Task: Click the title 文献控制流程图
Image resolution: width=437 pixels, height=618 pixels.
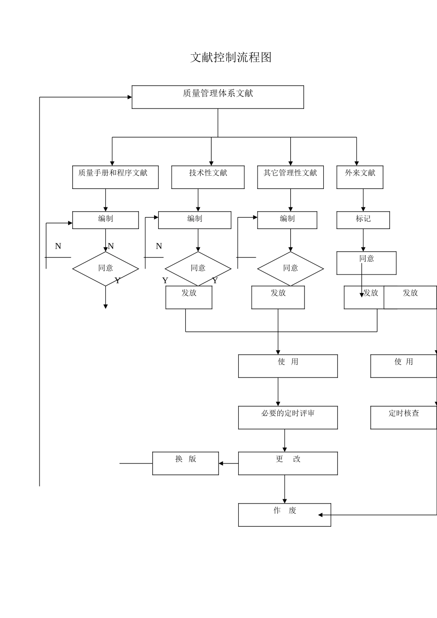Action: click(x=231, y=57)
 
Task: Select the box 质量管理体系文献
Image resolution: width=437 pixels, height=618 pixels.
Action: click(x=218, y=97)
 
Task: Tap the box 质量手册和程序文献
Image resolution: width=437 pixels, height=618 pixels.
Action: click(x=115, y=177)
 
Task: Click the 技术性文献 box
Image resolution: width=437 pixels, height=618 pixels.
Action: click(x=208, y=177)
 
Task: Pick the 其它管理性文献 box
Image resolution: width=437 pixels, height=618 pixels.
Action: click(x=290, y=177)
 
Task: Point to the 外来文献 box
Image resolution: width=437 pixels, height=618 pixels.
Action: click(x=360, y=177)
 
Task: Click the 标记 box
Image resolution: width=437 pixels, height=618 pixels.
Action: click(x=363, y=220)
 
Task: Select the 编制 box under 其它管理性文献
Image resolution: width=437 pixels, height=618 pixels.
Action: click(x=287, y=220)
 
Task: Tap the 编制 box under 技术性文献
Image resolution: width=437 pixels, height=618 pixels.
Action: click(x=195, y=220)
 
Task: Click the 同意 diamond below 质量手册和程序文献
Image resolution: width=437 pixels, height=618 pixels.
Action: click(x=105, y=269)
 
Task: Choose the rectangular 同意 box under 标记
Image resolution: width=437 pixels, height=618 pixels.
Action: click(x=366, y=263)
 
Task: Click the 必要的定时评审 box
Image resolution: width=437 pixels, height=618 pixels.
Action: click(x=288, y=418)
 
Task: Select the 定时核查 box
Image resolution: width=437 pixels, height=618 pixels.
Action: click(x=403, y=418)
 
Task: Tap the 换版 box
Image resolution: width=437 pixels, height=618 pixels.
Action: click(x=185, y=463)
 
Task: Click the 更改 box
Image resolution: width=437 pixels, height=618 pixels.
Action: click(x=288, y=463)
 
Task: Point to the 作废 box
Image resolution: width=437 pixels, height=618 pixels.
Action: click(x=284, y=515)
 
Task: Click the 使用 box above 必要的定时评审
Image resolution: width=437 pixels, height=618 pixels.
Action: click(x=288, y=366)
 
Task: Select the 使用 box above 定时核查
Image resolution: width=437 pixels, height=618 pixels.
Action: click(x=403, y=366)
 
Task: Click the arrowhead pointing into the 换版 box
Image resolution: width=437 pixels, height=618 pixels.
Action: click(x=221, y=463)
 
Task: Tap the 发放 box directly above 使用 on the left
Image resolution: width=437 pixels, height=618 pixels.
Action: click(x=278, y=297)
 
